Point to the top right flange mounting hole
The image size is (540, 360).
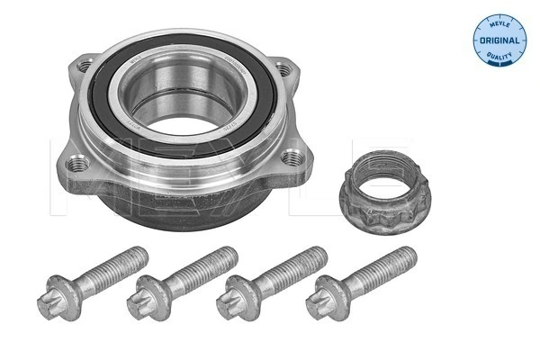tap(285, 68)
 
